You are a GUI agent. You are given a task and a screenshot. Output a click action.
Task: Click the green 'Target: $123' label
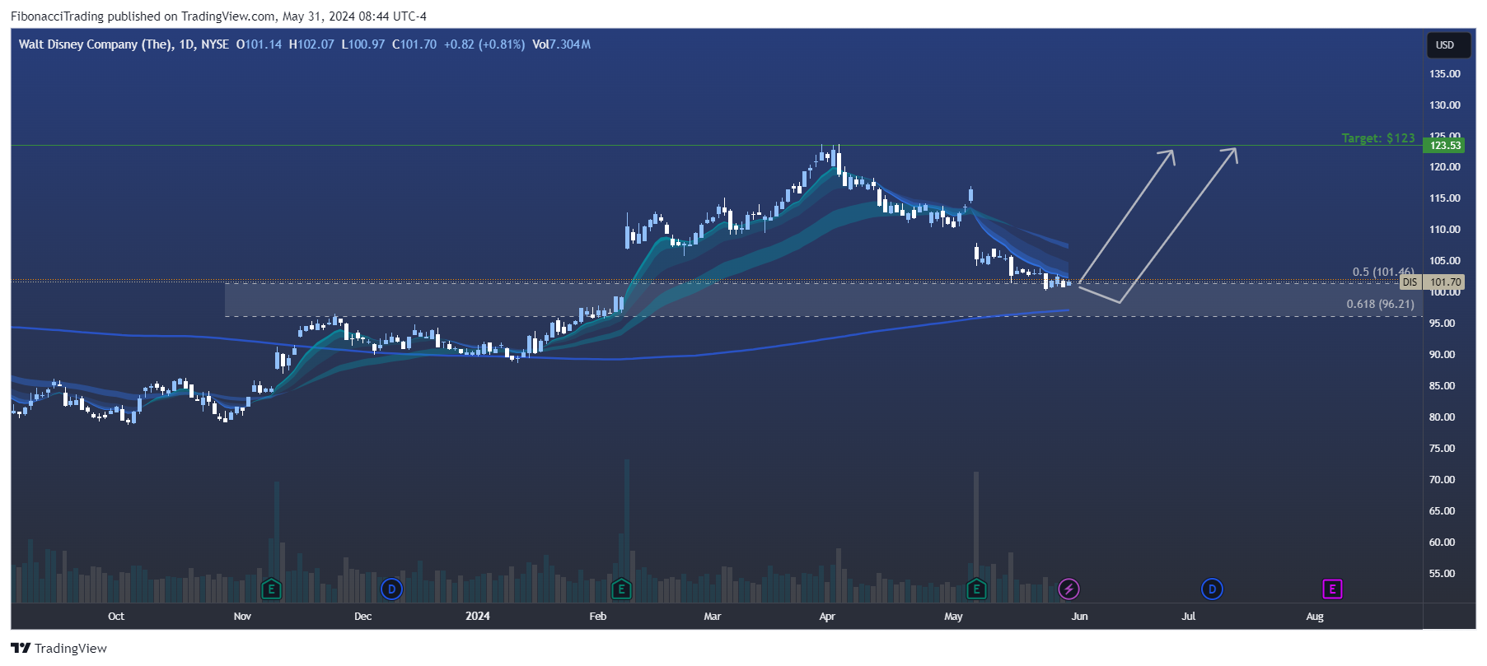(1377, 138)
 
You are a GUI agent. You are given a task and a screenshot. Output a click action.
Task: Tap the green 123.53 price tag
(1445, 146)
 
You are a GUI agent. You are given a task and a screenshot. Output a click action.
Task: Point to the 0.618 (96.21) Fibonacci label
(1380, 305)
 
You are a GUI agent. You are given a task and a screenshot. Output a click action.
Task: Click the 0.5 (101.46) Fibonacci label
(1382, 272)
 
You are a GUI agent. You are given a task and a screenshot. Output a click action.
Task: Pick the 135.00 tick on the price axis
(1445, 74)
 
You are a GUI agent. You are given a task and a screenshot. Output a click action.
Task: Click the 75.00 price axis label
(1442, 449)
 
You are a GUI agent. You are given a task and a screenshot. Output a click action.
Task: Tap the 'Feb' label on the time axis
(598, 617)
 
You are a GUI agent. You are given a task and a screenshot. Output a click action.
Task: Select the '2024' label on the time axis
(478, 617)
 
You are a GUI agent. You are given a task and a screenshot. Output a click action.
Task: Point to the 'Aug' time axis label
(1315, 617)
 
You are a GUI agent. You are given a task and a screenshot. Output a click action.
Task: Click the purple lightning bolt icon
(1068, 589)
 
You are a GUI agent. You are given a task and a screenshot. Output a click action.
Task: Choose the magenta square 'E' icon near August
(1332, 589)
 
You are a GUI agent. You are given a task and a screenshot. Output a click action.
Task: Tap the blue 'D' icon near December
(391, 589)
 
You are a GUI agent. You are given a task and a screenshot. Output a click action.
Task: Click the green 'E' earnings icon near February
(621, 589)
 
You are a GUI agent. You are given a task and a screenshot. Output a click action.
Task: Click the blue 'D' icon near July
(1211, 589)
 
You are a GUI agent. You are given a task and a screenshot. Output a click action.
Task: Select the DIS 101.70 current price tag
(1433, 282)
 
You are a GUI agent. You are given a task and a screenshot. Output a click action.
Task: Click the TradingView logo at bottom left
(59, 649)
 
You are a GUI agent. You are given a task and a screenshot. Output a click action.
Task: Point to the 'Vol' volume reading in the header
(561, 44)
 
